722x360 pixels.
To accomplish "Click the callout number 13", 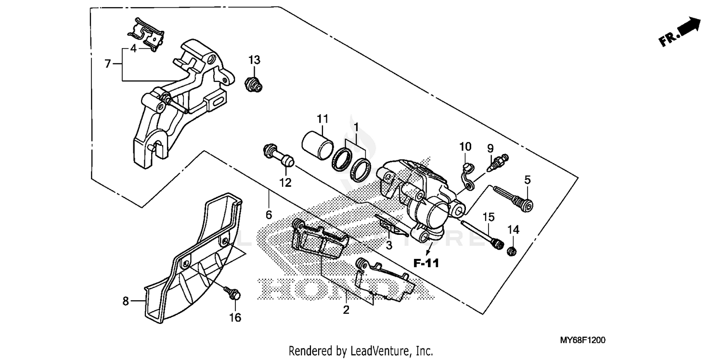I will coord(254,60).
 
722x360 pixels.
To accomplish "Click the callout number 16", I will coord(235,318).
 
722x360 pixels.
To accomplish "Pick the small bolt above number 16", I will coord(233,292).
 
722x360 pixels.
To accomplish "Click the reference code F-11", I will coord(426,263).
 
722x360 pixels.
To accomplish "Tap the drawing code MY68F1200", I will coord(582,340).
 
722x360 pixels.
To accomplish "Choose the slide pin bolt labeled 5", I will coord(513,198).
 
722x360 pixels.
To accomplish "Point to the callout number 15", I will coord(489,217).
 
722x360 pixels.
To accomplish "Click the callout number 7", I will coord(108,63).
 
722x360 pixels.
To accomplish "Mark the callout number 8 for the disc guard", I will coord(126,301).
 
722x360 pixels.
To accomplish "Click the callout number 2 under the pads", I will coord(346,310).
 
